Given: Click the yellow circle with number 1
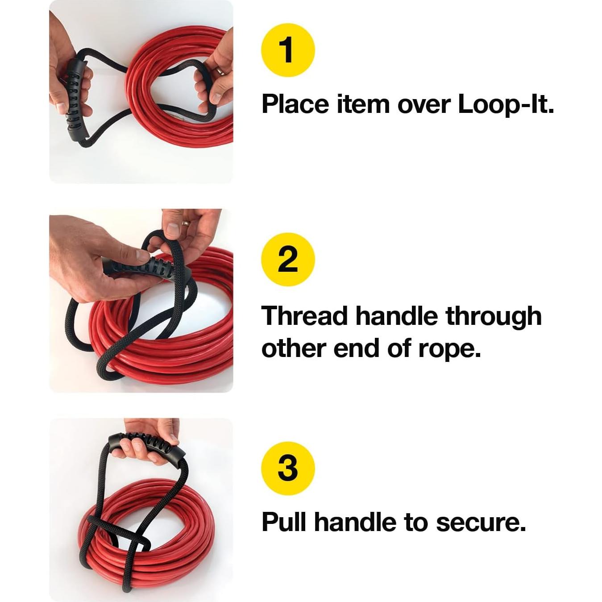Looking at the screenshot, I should [288, 50].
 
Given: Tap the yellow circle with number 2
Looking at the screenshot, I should [288, 259].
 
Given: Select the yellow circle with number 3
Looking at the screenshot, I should [288, 468].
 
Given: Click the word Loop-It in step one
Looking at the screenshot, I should [506, 104].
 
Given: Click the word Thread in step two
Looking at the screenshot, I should [305, 316].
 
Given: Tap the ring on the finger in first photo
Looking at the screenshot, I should [220, 71].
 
